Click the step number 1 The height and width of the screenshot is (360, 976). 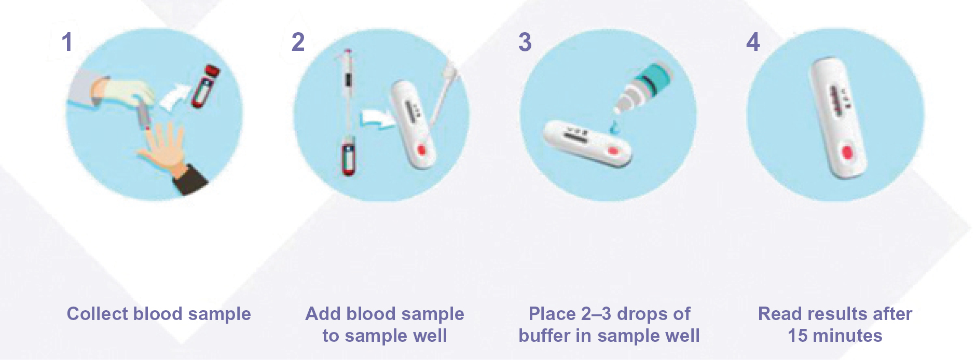coord(66,42)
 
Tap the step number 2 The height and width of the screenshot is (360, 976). coord(298,42)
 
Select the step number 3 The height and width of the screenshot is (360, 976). coord(525,42)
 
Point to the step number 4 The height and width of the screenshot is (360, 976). coord(753,42)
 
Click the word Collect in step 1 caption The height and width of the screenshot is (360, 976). coord(97,314)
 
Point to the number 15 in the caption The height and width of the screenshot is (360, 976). coord(798,336)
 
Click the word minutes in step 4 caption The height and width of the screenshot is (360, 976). coord(847,336)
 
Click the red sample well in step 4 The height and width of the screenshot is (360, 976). coord(847,153)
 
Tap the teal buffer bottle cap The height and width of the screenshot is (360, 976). coord(655,77)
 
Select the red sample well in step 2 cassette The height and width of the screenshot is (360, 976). coord(421,150)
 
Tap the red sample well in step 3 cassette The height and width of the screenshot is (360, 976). coord(613,151)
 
